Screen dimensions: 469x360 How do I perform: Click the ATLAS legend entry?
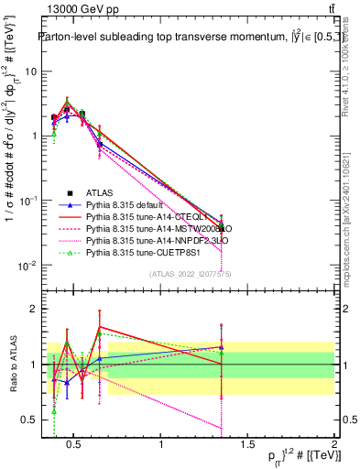(98, 192)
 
